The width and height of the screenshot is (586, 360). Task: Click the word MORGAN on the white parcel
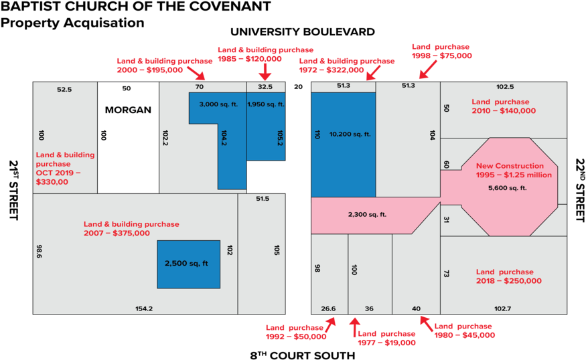pyautogui.click(x=128, y=110)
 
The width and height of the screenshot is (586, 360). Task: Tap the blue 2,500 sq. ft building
pyautogui.click(x=188, y=264)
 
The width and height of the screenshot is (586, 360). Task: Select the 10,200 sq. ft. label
pyautogui.click(x=350, y=134)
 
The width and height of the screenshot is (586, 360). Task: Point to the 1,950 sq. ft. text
pyautogui.click(x=266, y=104)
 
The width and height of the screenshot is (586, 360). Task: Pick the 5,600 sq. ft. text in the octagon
pyautogui.click(x=508, y=188)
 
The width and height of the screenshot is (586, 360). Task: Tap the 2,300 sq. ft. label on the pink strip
pyautogui.click(x=367, y=215)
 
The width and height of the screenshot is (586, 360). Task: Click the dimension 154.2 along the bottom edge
pyautogui.click(x=144, y=308)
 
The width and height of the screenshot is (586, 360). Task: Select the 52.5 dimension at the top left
pyautogui.click(x=64, y=89)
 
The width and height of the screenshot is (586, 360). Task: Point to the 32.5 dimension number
pyautogui.click(x=265, y=87)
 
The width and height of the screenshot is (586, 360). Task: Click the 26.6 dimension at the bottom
pyautogui.click(x=328, y=308)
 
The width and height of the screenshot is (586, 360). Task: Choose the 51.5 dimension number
pyautogui.click(x=262, y=199)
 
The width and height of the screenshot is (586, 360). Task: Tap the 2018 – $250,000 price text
pyautogui.click(x=509, y=281)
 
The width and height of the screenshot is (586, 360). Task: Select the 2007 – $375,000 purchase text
pyautogui.click(x=117, y=233)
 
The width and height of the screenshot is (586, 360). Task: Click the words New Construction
pyautogui.click(x=510, y=166)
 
